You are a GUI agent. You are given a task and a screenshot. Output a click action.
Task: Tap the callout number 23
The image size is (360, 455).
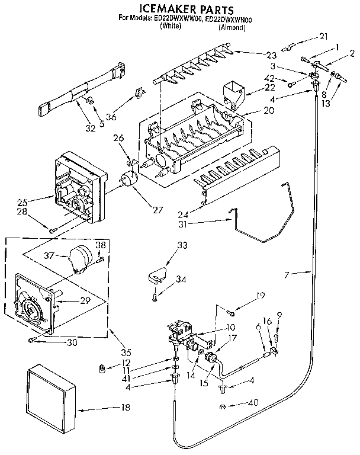(x=271, y=55)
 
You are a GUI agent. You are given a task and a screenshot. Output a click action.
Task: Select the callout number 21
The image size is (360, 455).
(x=322, y=37)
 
